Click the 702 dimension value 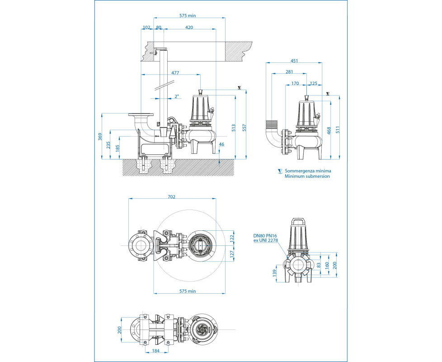[171, 197]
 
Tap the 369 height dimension [100, 136]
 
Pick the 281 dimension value [289, 71]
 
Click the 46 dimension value [221, 145]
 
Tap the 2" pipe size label [177, 96]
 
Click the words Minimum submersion [307, 176]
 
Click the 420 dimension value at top [189, 28]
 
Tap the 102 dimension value [146, 28]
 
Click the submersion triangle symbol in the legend [280, 171]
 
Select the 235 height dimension [108, 144]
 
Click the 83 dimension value [319, 265]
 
